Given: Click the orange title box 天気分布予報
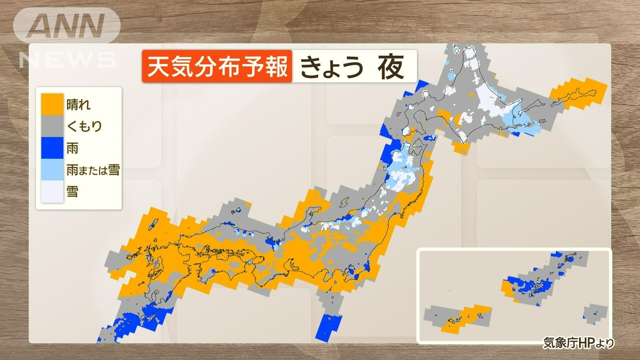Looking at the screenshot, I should coord(217,66).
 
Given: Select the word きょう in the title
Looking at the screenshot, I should coord(332,67).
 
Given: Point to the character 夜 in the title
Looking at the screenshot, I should coord(391,67).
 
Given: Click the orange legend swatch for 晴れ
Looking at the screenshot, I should coord(52,104).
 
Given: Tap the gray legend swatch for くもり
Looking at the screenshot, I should coord(52,126).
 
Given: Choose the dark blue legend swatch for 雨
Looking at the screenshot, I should coord(52,148).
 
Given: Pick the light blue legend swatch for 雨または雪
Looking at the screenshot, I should coord(52,170).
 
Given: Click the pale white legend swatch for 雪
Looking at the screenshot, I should coord(52,191).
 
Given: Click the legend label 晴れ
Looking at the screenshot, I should coord(78,105).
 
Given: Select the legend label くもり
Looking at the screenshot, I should coord(84,126).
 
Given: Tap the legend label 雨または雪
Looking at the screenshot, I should coord(93,170).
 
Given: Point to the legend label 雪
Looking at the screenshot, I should coord(72,192).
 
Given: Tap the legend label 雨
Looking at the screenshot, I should coord(72,148).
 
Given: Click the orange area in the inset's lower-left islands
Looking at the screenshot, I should coord(463,320).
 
